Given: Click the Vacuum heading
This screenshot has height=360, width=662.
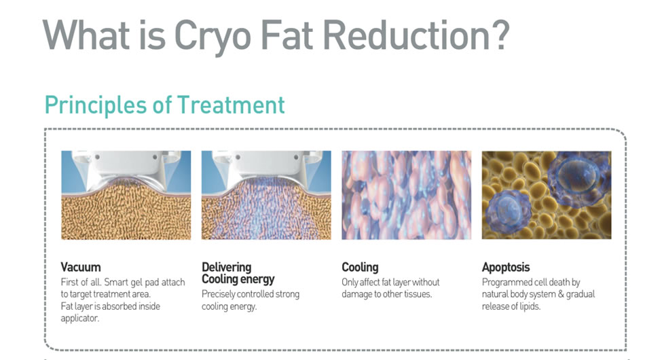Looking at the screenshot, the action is click(81, 267).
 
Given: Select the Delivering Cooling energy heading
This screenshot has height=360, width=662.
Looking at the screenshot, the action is click(238, 273).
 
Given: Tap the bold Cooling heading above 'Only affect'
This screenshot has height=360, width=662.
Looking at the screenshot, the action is click(360, 268).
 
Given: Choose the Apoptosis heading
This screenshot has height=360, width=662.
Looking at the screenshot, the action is click(506, 268).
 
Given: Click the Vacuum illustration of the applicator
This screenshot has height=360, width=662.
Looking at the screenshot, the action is click(126, 195).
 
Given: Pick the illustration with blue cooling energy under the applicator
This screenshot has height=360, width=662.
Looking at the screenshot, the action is click(266, 195).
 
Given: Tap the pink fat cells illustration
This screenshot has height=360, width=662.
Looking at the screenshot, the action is click(406, 195).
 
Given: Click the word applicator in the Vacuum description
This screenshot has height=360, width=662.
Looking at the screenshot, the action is click(80, 319).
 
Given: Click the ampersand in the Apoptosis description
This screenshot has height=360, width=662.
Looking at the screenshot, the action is click(561, 294).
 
